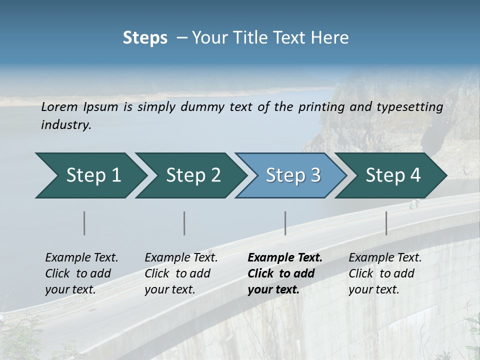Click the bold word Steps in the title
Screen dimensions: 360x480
tap(145, 37)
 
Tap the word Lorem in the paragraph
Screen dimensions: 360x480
tap(59, 106)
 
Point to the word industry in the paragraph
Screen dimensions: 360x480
tap(66, 124)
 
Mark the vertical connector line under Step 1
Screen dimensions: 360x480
tap(84, 223)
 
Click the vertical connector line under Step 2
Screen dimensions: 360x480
tap(184, 223)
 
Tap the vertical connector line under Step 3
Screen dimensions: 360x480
tap(285, 223)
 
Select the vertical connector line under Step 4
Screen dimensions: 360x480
tap(386, 223)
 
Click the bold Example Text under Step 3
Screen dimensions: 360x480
tap(285, 257)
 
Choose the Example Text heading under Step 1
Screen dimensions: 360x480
tap(81, 257)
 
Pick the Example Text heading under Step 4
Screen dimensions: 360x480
tap(385, 257)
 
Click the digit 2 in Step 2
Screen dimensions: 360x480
tap(215, 175)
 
